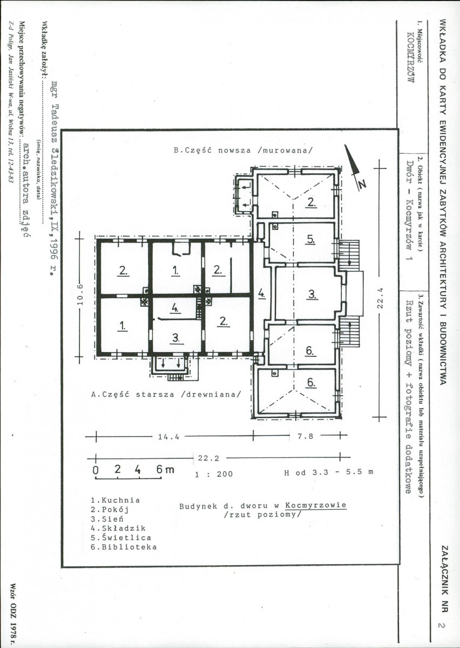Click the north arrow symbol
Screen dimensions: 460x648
coord(354,166)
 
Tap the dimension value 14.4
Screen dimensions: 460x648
coord(168,437)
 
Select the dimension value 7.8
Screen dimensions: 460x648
coord(305,436)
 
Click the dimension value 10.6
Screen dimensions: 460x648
coord(80,295)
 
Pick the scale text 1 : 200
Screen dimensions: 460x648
coord(214,474)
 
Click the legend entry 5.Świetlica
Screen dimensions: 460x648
coord(121,537)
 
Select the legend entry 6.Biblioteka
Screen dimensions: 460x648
coord(124,547)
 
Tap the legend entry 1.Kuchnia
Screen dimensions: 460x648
coord(116,500)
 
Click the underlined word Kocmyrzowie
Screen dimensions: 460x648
coord(316,505)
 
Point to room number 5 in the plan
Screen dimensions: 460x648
coord(311,240)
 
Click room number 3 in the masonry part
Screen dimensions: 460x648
coord(312,294)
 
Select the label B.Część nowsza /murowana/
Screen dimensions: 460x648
coord(243,151)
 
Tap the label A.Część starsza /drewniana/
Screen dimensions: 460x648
coord(166,395)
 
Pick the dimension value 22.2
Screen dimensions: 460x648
coord(208,458)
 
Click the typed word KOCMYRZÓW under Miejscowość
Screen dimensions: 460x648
coord(410,57)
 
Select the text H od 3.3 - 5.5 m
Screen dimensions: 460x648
coord(329,473)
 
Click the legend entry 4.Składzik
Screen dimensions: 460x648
coord(118,528)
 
